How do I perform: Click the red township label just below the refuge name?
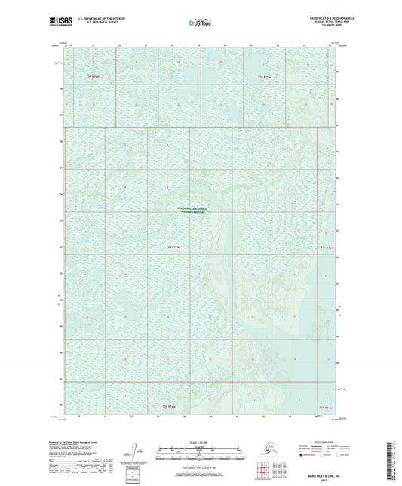173,247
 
